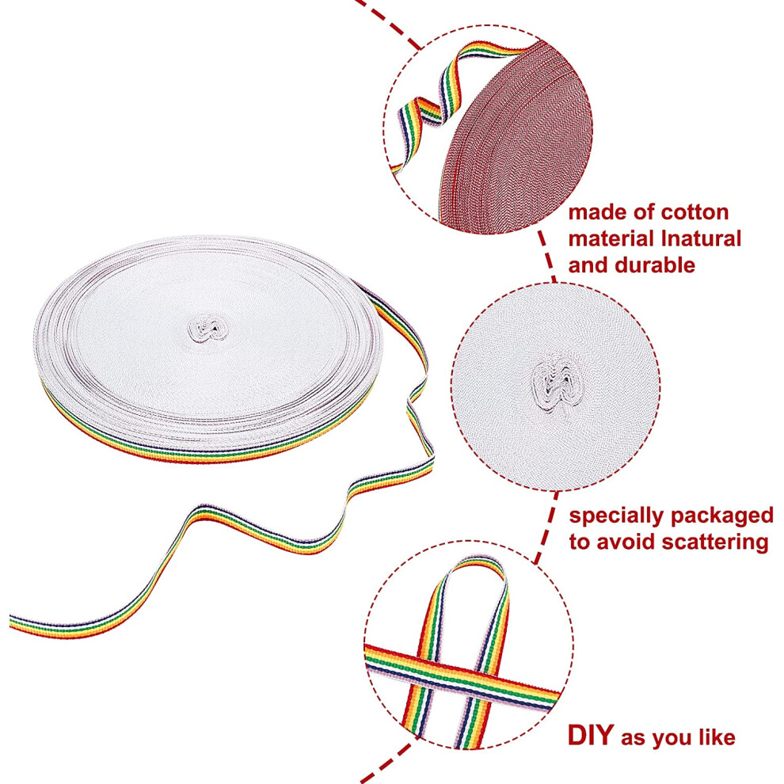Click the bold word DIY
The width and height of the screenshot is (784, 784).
(591, 735)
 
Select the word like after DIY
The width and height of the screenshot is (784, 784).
(716, 738)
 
